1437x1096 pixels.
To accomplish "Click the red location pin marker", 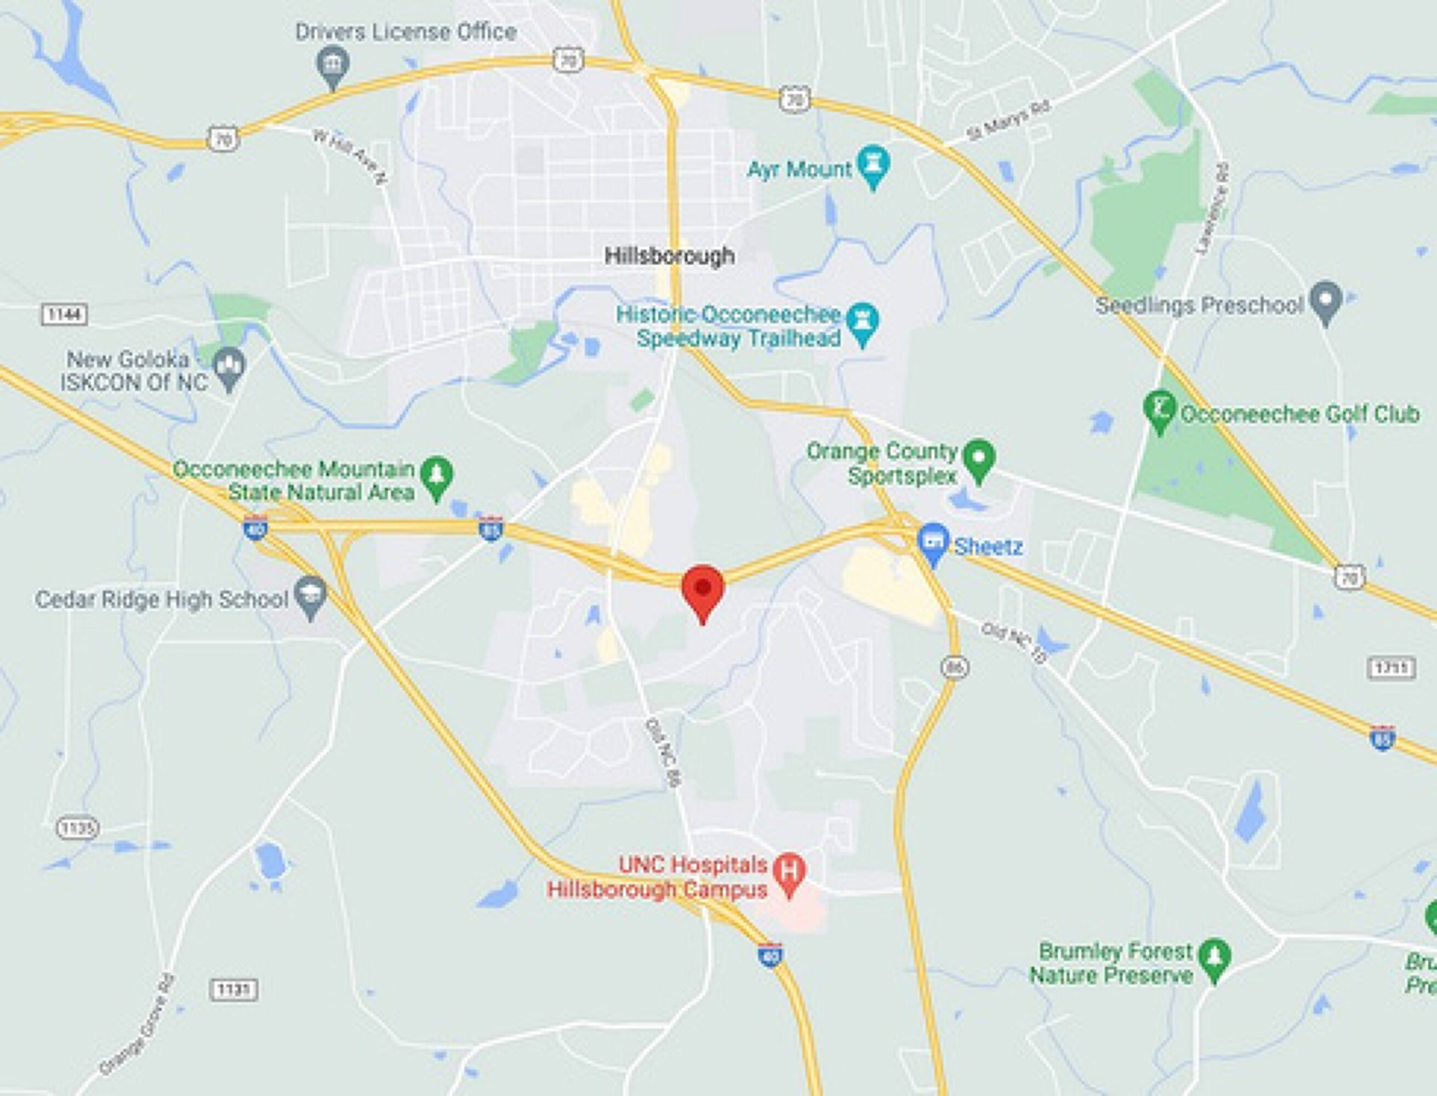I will tap(703, 589).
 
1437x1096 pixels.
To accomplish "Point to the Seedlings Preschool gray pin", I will tap(1325, 301).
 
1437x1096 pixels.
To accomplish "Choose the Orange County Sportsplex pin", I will tap(978, 459).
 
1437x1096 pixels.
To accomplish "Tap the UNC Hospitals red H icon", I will tap(789, 872).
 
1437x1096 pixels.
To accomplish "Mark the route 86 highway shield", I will tap(954, 667).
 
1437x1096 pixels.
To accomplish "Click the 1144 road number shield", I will tap(65, 315).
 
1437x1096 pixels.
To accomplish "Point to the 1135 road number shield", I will tap(78, 828).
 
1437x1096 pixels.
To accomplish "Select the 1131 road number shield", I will tap(233, 990).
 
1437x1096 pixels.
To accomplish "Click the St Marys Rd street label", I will tap(1008, 120).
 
